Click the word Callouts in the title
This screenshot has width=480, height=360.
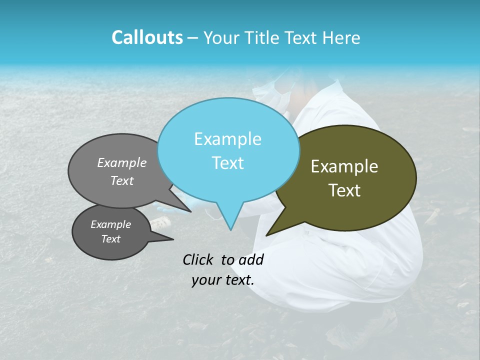click(x=147, y=37)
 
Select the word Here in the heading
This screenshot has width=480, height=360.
click(x=341, y=37)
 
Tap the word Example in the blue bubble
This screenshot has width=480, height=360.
click(x=227, y=139)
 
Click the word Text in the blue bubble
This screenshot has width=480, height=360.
click(x=227, y=162)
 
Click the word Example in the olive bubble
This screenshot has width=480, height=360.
click(x=344, y=166)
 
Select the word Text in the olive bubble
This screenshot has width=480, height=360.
click(x=345, y=190)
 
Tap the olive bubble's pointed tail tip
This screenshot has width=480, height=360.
click(x=267, y=235)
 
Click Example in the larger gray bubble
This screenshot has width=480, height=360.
click(x=122, y=162)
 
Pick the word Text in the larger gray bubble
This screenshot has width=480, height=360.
click(x=122, y=180)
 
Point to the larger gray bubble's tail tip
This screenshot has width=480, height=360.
click(x=190, y=211)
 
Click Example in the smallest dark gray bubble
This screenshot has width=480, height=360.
click(x=110, y=224)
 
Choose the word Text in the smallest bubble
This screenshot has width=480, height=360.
click(x=111, y=239)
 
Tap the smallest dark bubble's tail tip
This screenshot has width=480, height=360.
click(x=173, y=240)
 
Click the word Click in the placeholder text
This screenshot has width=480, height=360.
click(x=199, y=259)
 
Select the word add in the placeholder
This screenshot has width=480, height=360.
click(x=251, y=259)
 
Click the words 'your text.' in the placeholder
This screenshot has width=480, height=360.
click(x=223, y=280)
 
